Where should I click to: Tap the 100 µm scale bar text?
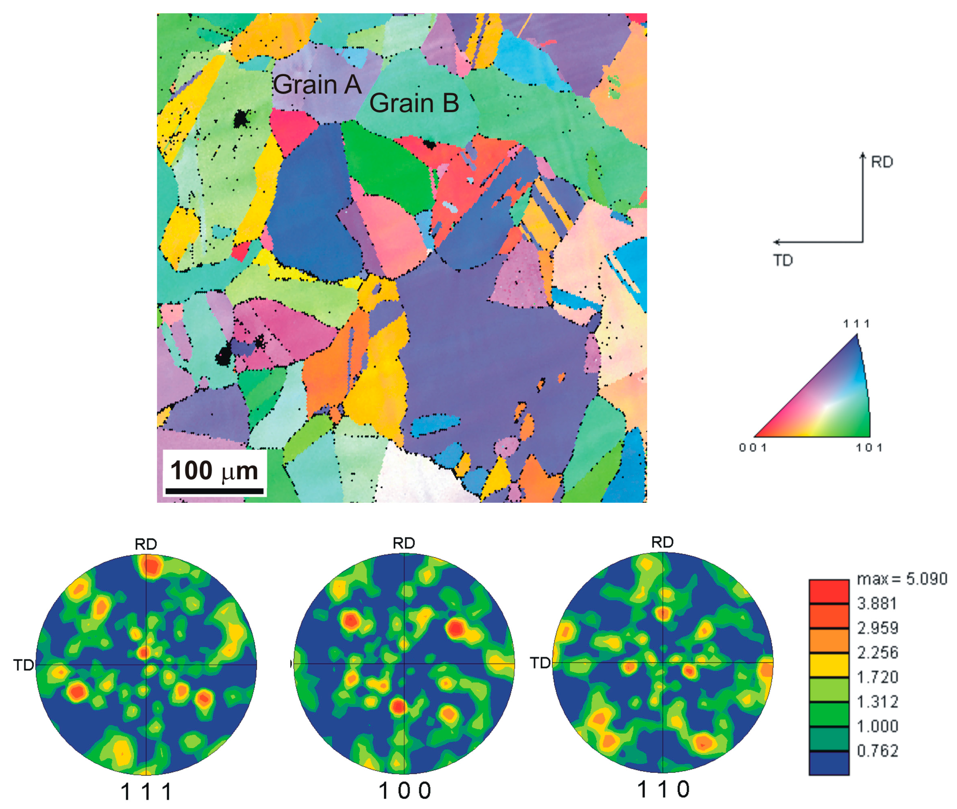[214, 471]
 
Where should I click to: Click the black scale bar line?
[214, 491]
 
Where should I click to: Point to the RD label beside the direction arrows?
[881, 162]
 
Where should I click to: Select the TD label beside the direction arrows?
[783, 261]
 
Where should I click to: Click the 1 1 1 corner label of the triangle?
[856, 324]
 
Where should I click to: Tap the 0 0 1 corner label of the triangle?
[752, 448]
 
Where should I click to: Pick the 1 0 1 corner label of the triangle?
[869, 448]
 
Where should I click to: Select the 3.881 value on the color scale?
[877, 604]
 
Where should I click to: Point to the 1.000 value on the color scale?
[877, 726]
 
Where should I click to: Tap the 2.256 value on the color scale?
[877, 652]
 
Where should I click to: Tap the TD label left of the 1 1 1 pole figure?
[23, 665]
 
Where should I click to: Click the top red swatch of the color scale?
[829, 592]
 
